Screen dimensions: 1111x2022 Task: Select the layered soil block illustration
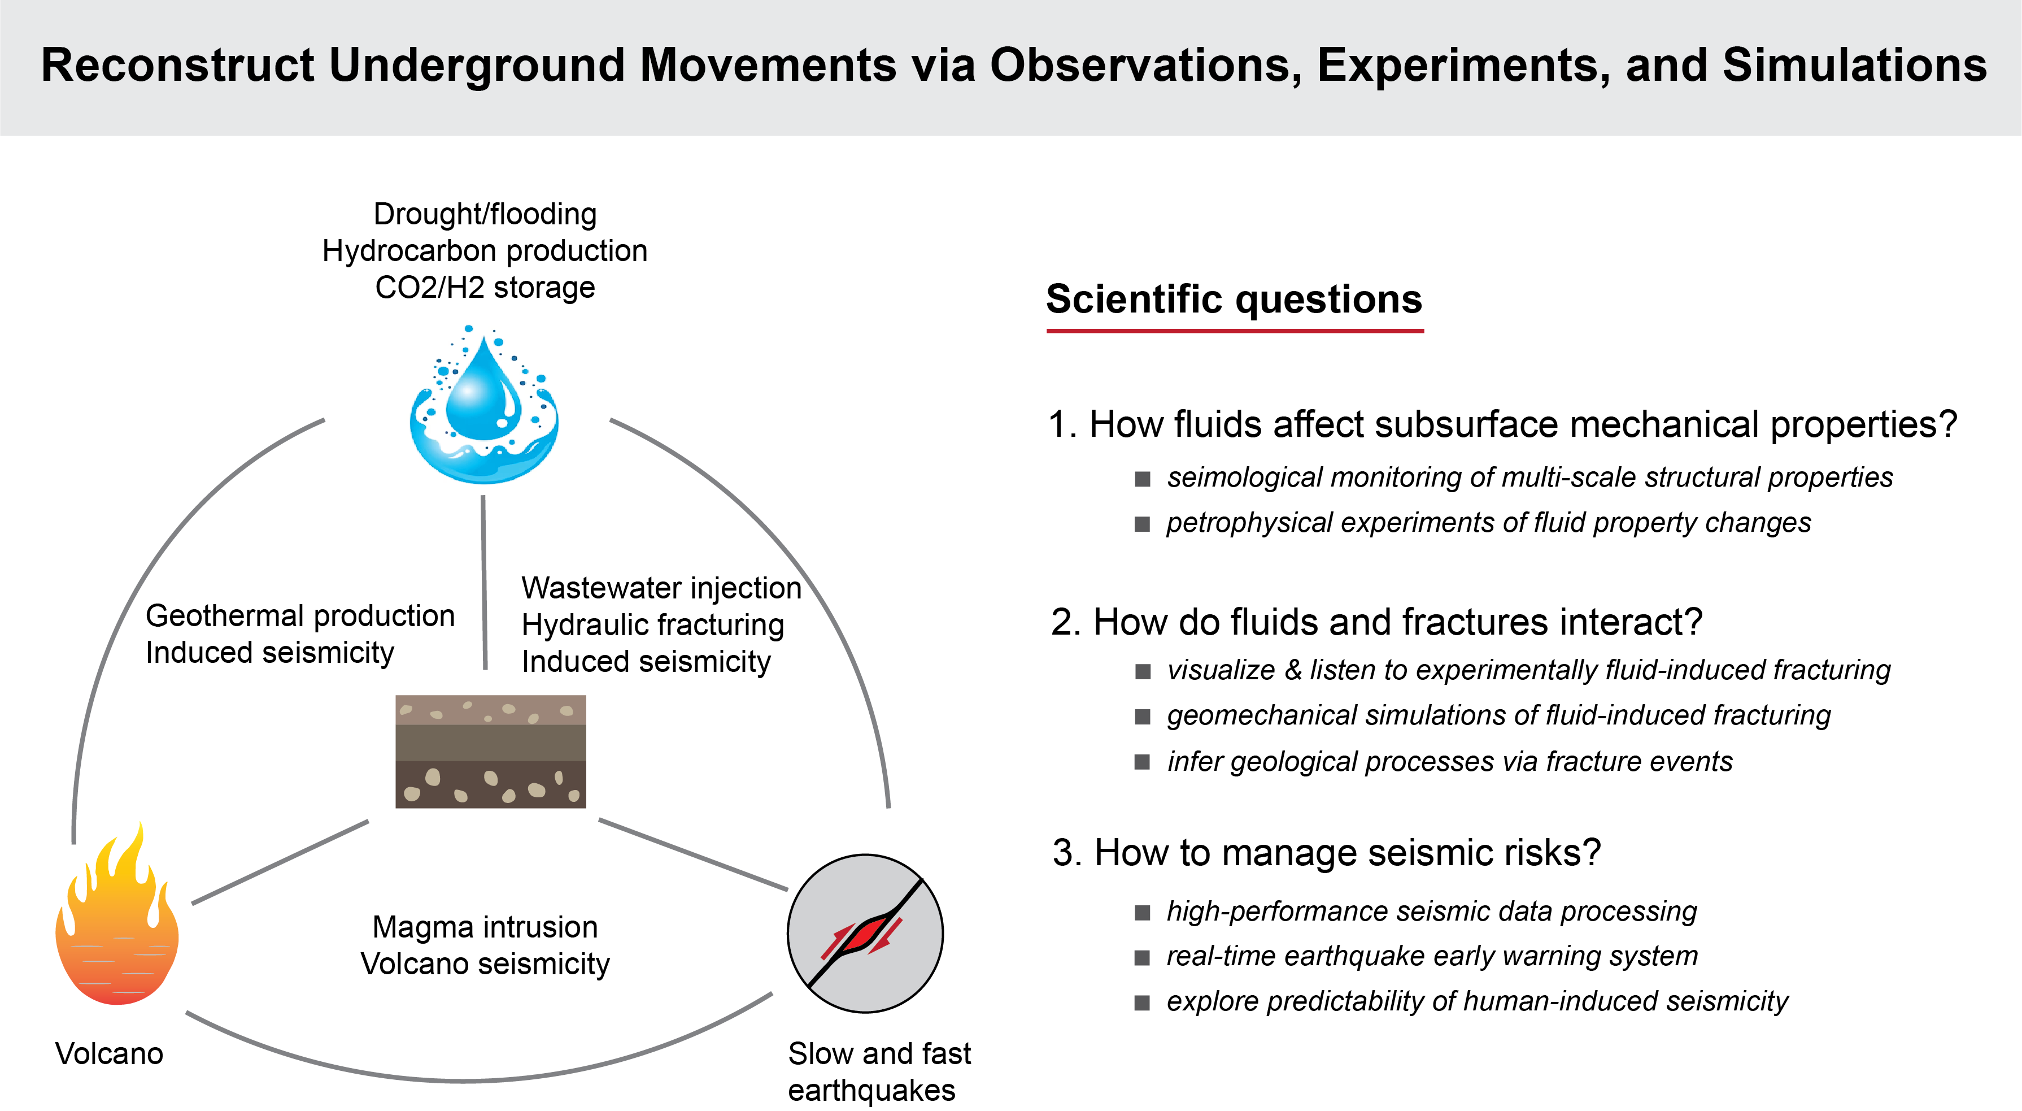coord(491,752)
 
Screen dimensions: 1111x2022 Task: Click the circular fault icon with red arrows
coord(865,934)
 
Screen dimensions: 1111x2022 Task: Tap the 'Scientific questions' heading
coord(1234,299)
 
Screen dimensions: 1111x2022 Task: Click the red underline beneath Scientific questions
coord(1234,331)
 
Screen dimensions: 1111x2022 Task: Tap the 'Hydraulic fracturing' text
coord(652,626)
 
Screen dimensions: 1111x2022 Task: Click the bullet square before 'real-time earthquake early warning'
coord(1142,957)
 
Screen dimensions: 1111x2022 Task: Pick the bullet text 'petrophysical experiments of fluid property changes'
coord(1488,523)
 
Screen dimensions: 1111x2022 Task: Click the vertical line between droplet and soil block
coord(483,581)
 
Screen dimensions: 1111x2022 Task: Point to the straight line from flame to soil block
coord(280,862)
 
